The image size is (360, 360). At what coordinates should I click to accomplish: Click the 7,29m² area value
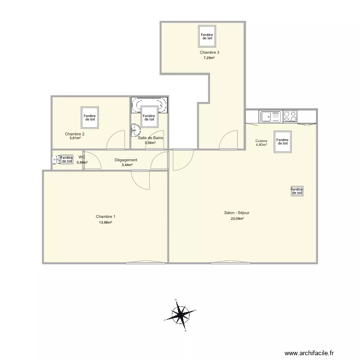point(209,58)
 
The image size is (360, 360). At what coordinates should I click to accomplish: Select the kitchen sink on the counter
point(271,116)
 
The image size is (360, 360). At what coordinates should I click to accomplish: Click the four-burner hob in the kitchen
point(290,116)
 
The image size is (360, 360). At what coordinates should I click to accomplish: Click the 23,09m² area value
point(237,219)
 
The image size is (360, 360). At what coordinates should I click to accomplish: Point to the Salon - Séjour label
point(237,213)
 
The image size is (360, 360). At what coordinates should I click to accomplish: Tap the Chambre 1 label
point(105,216)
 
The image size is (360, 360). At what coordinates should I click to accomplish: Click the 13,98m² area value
point(105,222)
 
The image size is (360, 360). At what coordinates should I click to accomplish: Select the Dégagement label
point(126,160)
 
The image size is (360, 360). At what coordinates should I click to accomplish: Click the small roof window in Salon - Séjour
point(297,191)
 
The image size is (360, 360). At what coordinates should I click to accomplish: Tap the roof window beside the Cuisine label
point(282,141)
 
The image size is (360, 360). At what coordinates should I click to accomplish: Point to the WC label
point(82,157)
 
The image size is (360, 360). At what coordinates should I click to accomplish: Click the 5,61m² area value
point(74,138)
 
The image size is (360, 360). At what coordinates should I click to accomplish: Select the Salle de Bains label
point(150,138)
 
